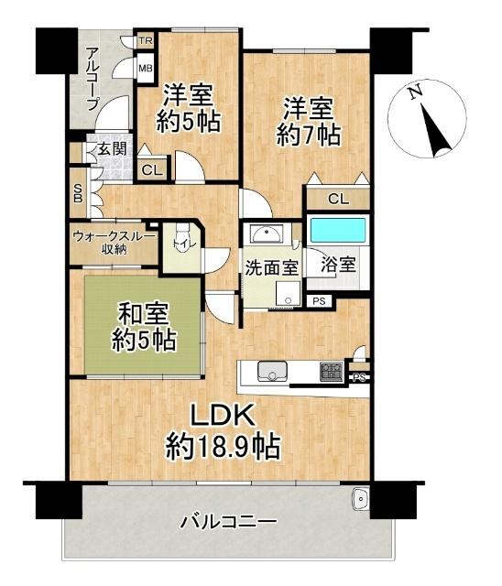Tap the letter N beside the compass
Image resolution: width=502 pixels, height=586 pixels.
coord(415,92)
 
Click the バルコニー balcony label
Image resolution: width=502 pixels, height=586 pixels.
coord(227,523)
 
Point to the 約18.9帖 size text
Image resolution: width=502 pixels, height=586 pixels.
coord(223,448)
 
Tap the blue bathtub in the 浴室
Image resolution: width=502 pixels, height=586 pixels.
coord(337,231)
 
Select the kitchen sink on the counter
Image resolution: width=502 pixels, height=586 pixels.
coord(272,371)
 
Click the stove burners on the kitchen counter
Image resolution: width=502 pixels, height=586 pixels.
coord(330,372)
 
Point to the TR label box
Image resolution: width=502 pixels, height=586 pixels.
coord(145,42)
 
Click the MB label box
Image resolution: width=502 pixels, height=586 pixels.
coord(145,67)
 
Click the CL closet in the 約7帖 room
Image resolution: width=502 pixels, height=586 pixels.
coord(337,199)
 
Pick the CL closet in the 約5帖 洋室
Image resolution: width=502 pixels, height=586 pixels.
coord(152,169)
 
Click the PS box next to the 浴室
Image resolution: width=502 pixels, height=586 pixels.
coord(318,300)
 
